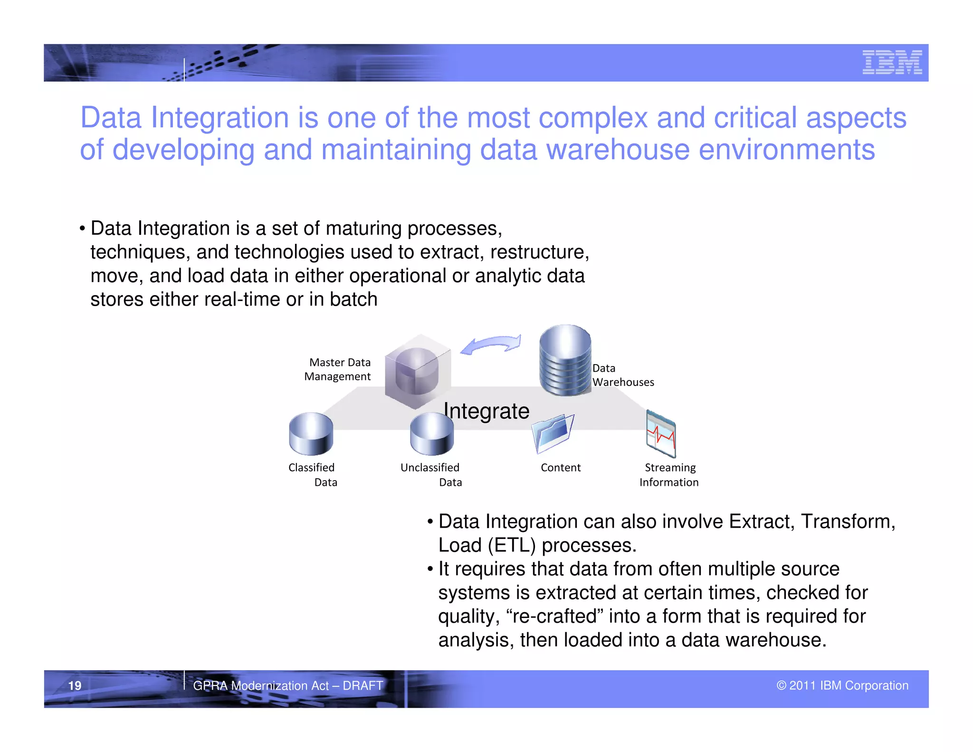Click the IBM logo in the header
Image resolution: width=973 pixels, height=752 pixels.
[892, 62]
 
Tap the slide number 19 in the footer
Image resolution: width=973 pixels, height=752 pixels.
[75, 685]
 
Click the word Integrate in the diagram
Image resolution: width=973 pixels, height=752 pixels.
[486, 411]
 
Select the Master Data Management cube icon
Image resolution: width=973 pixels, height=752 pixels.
[417, 371]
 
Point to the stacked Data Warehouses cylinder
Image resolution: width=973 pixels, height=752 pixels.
[565, 360]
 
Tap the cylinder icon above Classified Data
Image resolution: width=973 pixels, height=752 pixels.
[311, 434]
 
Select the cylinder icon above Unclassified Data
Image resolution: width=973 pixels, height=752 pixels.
[431, 434]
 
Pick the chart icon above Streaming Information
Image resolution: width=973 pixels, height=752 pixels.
[660, 433]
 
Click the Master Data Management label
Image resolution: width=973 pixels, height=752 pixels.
[338, 369]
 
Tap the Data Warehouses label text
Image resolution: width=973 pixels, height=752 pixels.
[622, 375]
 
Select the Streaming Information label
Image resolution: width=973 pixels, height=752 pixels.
[669, 474]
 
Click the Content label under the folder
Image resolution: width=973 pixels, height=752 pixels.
[560, 468]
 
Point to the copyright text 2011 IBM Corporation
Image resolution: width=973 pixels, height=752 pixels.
[842, 685]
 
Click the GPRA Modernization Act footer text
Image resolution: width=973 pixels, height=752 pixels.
[287, 685]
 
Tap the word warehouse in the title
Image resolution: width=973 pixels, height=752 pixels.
[617, 150]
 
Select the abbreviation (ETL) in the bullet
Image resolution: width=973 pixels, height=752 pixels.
[512, 545]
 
